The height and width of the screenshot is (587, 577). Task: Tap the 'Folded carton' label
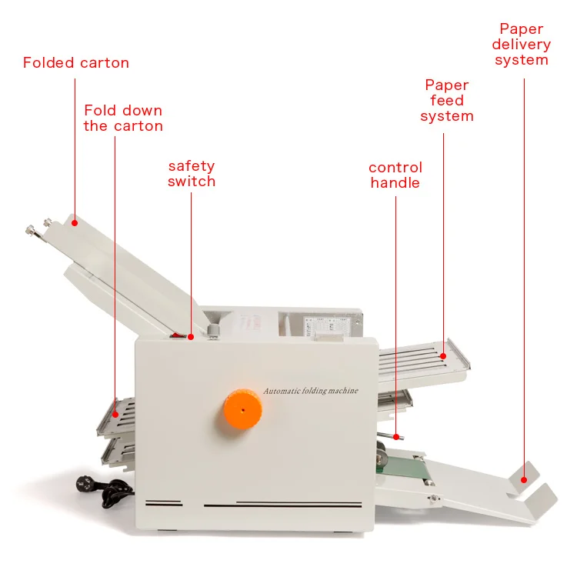pyautogui.click(x=76, y=62)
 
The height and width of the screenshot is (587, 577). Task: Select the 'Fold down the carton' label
pyautogui.click(x=123, y=118)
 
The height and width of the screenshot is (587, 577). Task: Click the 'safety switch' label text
pyautogui.click(x=192, y=174)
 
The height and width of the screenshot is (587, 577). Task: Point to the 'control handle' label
pyautogui.click(x=395, y=175)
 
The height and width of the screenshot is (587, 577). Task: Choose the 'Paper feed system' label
pyautogui.click(x=447, y=100)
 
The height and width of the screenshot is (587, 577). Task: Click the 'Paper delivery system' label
pyautogui.click(x=522, y=45)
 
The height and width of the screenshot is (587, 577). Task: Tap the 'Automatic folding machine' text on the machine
pyautogui.click(x=311, y=391)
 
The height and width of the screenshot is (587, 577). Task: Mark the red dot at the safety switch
pyautogui.click(x=191, y=336)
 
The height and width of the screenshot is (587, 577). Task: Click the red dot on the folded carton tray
pyautogui.click(x=75, y=223)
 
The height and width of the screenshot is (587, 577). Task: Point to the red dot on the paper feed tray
pyautogui.click(x=443, y=356)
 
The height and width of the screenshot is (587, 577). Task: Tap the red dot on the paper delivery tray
pyautogui.click(x=525, y=479)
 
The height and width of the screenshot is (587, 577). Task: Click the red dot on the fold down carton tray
pyautogui.click(x=115, y=415)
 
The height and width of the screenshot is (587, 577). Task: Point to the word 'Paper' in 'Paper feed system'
pyautogui.click(x=447, y=85)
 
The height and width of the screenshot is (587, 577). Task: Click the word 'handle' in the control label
pyautogui.click(x=395, y=182)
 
